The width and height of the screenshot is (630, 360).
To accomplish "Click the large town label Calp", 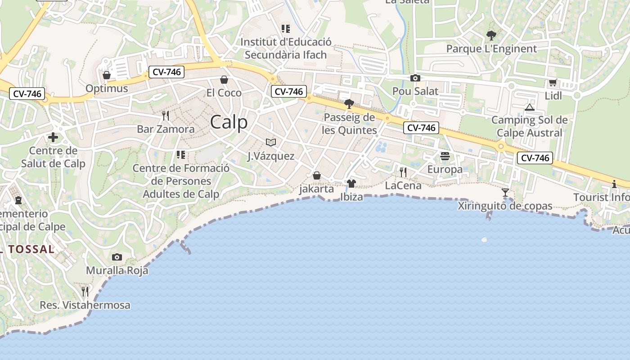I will (229, 122).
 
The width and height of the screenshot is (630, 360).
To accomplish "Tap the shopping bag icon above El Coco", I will (224, 80).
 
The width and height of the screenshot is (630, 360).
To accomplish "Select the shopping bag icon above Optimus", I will (107, 75).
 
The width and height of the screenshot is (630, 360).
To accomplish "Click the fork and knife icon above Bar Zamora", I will (166, 116).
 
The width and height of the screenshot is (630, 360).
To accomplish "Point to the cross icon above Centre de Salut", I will (53, 137).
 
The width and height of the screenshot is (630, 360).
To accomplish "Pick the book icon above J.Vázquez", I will (270, 143).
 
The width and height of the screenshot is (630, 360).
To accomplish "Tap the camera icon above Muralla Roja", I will (117, 257).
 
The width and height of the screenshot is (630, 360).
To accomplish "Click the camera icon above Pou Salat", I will (415, 78).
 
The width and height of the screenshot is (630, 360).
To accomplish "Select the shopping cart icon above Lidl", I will (553, 82).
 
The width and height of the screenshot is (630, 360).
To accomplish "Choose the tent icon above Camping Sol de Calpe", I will (529, 107).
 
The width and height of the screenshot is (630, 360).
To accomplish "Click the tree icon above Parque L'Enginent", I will (491, 35).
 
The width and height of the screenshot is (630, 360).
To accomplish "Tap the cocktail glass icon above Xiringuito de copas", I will (505, 193).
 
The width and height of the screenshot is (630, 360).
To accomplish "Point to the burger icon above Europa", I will (445, 156).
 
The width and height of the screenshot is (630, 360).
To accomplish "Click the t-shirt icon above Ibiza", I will (351, 183).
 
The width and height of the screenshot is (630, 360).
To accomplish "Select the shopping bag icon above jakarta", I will (317, 175).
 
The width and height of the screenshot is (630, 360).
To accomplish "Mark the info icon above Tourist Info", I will (614, 184).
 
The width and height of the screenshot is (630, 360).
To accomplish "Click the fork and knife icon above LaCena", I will (403, 172).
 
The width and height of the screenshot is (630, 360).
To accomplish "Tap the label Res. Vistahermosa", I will (85, 305).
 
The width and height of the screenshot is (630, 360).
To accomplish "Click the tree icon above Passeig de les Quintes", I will (349, 104).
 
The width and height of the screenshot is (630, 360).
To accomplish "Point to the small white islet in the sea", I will (484, 240).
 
